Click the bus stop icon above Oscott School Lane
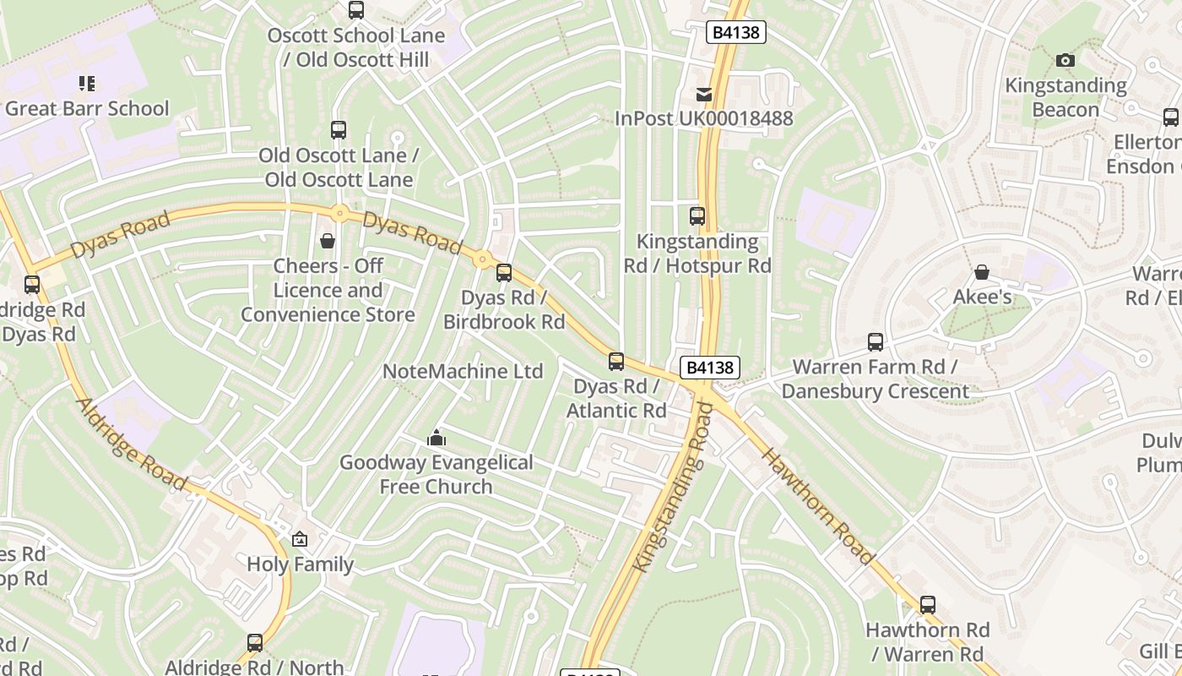356,10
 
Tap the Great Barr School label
87,109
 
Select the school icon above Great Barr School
87,83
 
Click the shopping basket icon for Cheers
328,242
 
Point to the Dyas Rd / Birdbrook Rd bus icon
504,273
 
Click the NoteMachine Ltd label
463,372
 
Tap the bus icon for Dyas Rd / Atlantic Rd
616,362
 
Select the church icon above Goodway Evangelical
436,438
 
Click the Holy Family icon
300,539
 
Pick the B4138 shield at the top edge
736,32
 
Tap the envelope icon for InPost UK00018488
704,94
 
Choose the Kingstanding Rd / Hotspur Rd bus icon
697,216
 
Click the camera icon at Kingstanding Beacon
1065,60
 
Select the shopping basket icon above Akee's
982,272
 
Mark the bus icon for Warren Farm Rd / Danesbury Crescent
876,342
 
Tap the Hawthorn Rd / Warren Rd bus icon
928,605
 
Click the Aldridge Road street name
133,444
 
